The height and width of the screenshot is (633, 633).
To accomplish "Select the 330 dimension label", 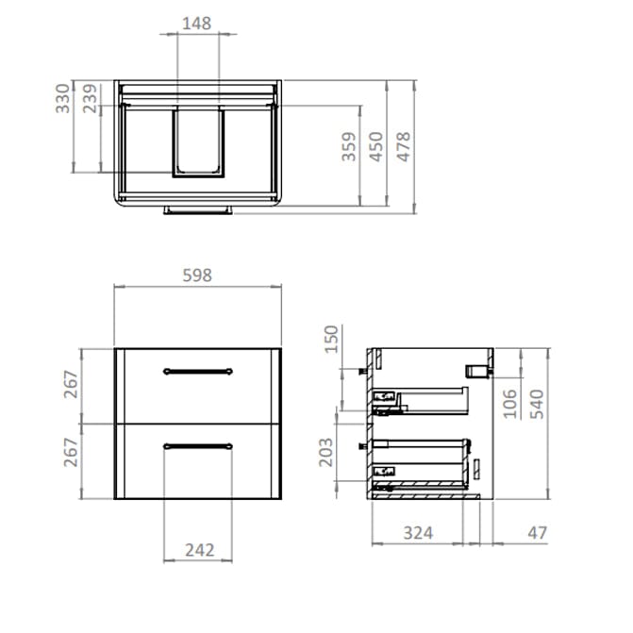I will coord(62,97).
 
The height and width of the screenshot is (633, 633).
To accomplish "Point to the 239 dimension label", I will coord(90,97).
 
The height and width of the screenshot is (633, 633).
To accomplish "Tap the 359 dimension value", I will coord(348,147).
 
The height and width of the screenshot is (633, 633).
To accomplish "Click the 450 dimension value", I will coord(375,147).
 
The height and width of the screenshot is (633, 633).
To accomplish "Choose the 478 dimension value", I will coord(404,147).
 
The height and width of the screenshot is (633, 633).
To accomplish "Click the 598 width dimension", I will coord(197,275).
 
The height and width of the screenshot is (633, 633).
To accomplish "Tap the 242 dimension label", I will coord(198,550).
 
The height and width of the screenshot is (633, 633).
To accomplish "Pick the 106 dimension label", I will coord(509,403).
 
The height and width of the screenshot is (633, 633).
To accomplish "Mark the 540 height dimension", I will coord(537,403).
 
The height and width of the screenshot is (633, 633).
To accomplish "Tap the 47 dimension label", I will coord(537,533).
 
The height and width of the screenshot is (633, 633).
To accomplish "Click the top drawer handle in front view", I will coord(197,370).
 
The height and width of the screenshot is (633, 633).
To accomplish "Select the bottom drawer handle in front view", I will coord(197,444).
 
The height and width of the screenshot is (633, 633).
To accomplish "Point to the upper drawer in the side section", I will coord(425,401).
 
